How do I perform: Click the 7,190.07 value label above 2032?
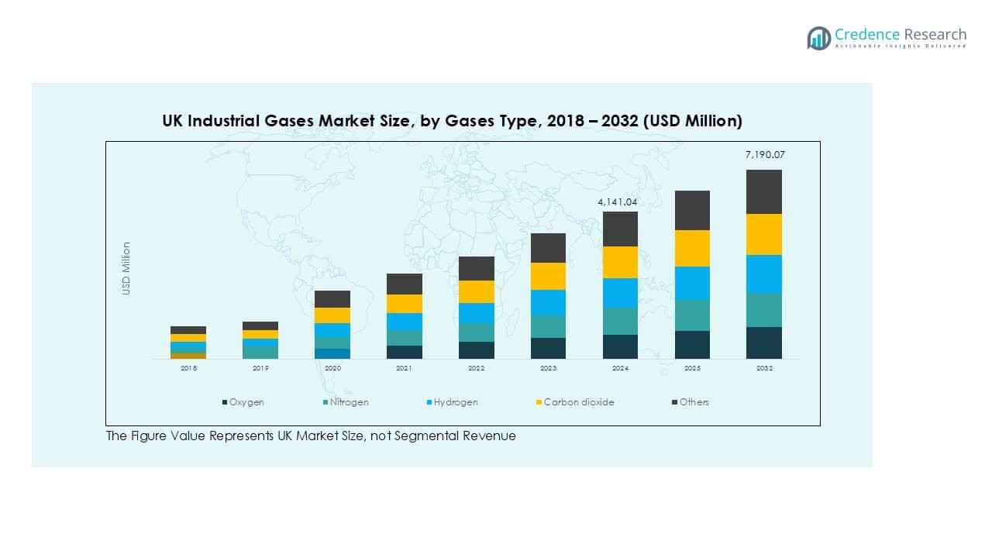(x=764, y=156)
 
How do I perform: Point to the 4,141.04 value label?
(x=617, y=202)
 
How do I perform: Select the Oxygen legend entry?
(x=246, y=402)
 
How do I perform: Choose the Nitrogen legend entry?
(x=349, y=402)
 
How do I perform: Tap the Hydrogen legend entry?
(x=455, y=402)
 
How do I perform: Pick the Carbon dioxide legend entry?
(x=578, y=402)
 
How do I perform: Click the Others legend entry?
(x=694, y=402)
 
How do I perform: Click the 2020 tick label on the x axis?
(x=332, y=369)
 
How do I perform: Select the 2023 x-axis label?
(x=548, y=369)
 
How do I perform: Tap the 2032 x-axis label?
(x=764, y=369)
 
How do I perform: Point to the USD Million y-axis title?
(x=126, y=268)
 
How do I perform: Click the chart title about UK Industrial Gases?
(x=452, y=121)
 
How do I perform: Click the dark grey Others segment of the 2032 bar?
(x=764, y=191)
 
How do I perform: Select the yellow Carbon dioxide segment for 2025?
(x=692, y=248)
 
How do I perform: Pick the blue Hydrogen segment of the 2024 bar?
(x=620, y=292)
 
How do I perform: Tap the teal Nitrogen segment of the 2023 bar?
(x=548, y=326)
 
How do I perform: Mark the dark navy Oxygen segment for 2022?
(x=477, y=350)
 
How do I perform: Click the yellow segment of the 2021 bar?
(x=405, y=304)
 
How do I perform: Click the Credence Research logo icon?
(x=818, y=38)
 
